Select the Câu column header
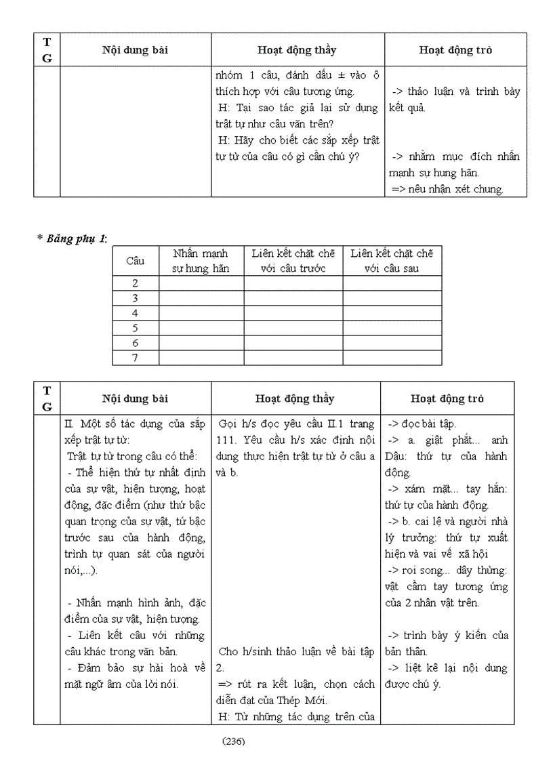136,261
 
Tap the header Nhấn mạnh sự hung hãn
201,261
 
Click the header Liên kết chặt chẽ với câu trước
293,261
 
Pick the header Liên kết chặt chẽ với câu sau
392,261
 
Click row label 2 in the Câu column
136,284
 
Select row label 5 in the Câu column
136,328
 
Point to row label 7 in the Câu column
136,358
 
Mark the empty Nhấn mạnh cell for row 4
201,313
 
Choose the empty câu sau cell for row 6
392,343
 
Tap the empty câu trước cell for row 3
293,298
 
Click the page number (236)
233,741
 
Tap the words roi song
422,570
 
